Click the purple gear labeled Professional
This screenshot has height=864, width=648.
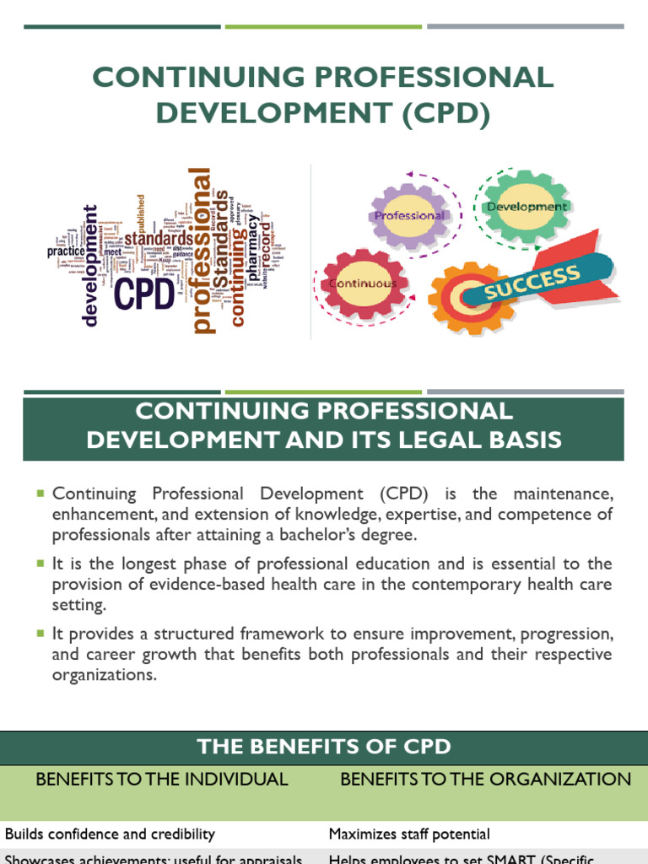409,215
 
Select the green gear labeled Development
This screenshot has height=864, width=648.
526,207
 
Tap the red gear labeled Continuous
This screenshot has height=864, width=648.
363,283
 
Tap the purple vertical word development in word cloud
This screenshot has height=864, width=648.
90,264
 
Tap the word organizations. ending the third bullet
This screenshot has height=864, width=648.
105,675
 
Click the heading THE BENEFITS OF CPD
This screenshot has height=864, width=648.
324,746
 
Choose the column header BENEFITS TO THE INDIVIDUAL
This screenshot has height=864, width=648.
162,780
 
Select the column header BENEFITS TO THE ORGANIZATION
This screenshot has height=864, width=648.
485,780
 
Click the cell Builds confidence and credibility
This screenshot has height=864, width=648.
111,834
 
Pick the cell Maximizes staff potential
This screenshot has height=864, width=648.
409,834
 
